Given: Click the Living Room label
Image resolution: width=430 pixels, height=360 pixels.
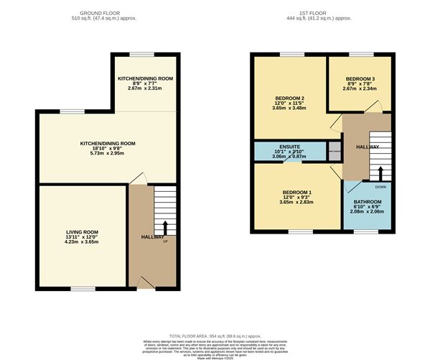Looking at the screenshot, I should [x=81, y=232].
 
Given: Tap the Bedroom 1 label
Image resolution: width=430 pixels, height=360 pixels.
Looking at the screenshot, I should [x=296, y=193].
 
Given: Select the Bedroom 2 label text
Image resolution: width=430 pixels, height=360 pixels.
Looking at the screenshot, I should [x=291, y=98].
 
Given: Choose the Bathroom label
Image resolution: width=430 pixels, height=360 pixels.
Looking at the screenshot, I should [x=367, y=203].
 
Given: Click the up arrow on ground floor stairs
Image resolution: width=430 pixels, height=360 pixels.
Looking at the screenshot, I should [x=166, y=228].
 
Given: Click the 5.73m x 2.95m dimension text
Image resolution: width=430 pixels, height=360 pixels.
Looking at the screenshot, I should [x=108, y=154].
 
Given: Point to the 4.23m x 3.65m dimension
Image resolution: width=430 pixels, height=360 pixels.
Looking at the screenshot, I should [x=81, y=242].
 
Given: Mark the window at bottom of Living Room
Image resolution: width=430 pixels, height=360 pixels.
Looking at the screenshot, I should [x=81, y=289].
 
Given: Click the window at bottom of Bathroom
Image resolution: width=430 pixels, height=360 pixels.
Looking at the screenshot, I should [x=366, y=231].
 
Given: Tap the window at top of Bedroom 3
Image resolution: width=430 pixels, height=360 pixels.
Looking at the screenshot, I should [x=360, y=54].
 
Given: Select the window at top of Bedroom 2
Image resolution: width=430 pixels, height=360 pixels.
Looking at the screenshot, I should [x=291, y=54].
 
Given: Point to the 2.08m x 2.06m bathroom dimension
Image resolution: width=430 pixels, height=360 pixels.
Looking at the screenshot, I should [x=367, y=213].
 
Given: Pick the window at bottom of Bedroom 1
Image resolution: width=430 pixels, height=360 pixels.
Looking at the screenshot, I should [x=296, y=231].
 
